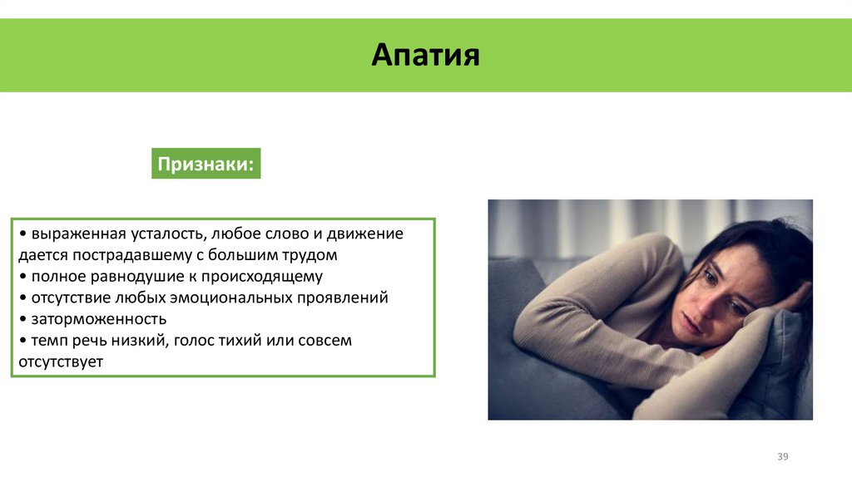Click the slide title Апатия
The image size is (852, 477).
[x=425, y=56]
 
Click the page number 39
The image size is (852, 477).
[x=782, y=457]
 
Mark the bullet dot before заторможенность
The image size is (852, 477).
[x=23, y=319]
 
